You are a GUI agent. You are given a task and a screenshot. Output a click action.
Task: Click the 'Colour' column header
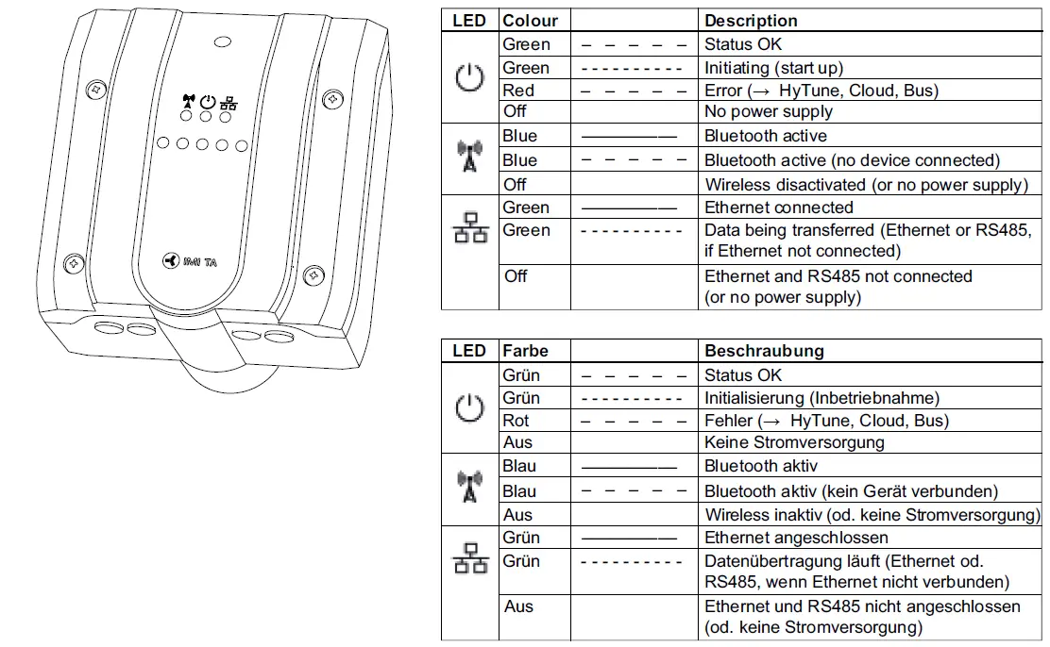[530, 21]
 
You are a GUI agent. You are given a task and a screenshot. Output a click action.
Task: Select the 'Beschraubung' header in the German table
[763, 351]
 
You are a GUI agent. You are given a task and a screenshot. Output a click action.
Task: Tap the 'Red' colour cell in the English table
[518, 91]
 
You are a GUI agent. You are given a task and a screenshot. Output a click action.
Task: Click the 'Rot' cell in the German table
[517, 421]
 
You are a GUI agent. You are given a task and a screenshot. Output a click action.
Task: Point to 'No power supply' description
[768, 111]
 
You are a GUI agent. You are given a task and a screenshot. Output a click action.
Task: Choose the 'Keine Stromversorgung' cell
[794, 441]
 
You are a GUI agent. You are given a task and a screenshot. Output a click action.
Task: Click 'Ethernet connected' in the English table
[778, 207]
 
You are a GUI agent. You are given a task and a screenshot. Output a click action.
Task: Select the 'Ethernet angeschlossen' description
[796, 538]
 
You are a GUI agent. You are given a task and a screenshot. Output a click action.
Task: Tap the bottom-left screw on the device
[71, 266]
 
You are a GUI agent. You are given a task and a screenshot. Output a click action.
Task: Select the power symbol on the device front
[209, 100]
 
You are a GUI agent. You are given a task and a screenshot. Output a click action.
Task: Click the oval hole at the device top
[223, 41]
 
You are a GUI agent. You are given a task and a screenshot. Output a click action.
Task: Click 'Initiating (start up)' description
[773, 68]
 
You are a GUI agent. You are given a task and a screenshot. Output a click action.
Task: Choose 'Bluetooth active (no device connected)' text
[851, 160]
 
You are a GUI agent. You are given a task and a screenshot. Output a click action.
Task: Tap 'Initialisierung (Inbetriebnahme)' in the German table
[821, 398]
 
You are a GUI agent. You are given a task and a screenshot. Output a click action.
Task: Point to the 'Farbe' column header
[525, 351]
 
